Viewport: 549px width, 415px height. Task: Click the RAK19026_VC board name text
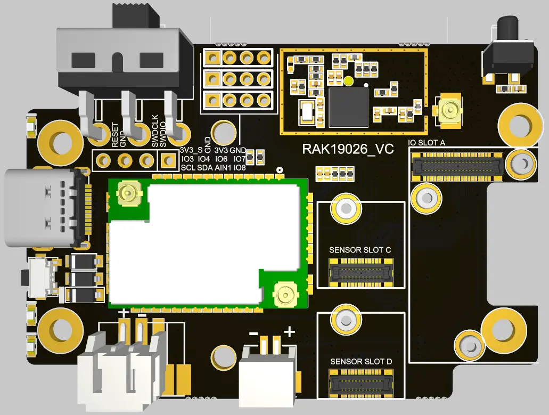[x=348, y=149]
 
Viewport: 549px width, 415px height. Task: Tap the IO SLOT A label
[x=427, y=143]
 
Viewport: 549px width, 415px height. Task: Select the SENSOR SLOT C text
[x=360, y=250]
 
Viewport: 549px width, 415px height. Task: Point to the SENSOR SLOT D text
[x=361, y=362]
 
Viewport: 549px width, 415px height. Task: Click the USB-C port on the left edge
[x=43, y=208]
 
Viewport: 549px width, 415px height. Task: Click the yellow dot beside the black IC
[x=348, y=81]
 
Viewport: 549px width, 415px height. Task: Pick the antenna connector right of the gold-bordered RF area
[x=448, y=110]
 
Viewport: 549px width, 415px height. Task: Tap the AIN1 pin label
[x=223, y=168]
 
